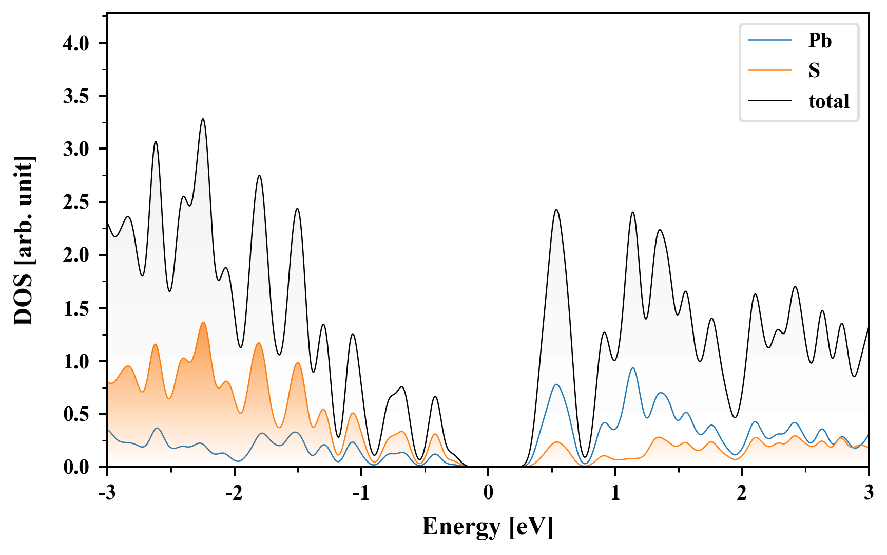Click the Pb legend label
(x=820, y=41)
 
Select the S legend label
(x=814, y=70)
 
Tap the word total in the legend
(x=828, y=101)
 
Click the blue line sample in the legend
(x=770, y=41)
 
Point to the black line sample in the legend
(x=770, y=101)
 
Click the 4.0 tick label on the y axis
(x=76, y=43)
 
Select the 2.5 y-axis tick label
(x=76, y=202)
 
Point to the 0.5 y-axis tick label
(x=76, y=414)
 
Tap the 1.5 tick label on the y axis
(x=76, y=308)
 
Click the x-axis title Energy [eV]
(x=488, y=527)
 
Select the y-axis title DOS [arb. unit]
(x=24, y=240)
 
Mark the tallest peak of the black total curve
(x=203, y=119)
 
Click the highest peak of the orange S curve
(x=203, y=323)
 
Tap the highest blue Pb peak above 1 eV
(x=633, y=368)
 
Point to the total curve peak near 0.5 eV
(x=556, y=210)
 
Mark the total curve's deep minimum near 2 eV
(x=735, y=417)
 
